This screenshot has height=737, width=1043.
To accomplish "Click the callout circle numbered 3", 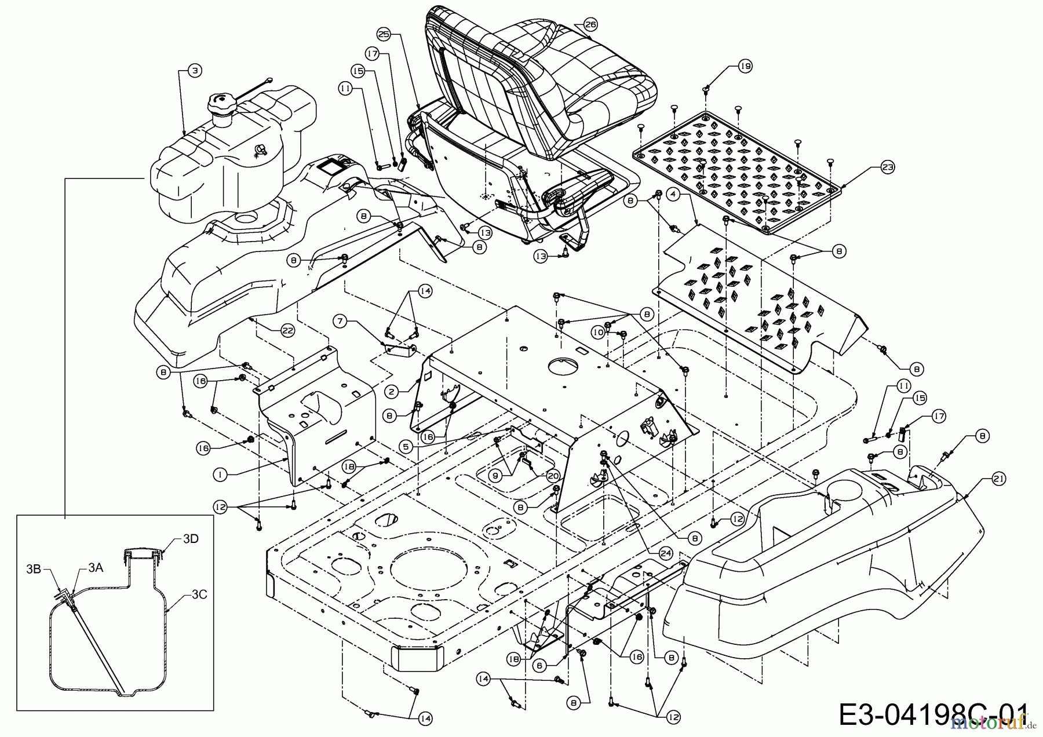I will [195, 71].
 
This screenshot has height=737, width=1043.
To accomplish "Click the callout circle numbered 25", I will [384, 34].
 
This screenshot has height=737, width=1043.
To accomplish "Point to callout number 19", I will [745, 67].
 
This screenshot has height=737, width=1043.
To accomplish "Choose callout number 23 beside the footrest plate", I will [887, 167].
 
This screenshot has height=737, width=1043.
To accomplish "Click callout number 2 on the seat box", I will [392, 392].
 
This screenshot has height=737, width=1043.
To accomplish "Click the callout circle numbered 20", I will [552, 475].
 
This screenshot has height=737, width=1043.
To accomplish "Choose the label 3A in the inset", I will [96, 569].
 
